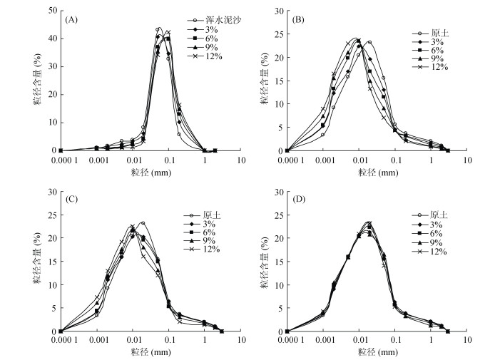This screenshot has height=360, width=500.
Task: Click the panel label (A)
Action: click(71, 19)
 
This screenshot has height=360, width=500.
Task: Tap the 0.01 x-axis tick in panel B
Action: click(359, 160)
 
